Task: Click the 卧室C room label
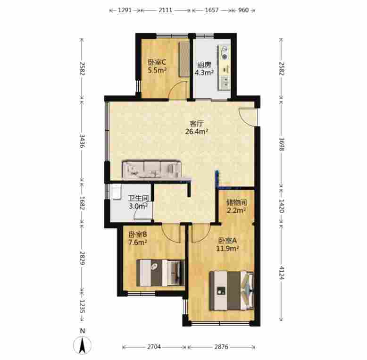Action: coord(157,62)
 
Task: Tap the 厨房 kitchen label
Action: coord(204,65)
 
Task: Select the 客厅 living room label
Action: coord(196,123)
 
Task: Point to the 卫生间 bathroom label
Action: coord(138,198)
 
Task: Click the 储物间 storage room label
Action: coord(236,202)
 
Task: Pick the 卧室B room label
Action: coord(138,234)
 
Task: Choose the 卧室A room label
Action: coord(227,240)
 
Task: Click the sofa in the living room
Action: coord(152,169)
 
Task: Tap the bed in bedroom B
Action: coord(160,273)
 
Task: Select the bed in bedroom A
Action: coord(232,291)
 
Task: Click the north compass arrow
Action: coord(82,345)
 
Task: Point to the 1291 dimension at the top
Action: coord(125,10)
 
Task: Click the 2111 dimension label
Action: coord(166,10)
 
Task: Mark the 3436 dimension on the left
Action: coord(82,141)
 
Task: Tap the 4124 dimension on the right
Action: coord(281,273)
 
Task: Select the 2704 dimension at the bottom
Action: coord(154,347)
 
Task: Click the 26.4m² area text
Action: coord(197,131)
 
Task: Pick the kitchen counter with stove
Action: coord(224,67)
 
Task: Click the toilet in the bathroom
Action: coord(117,192)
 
